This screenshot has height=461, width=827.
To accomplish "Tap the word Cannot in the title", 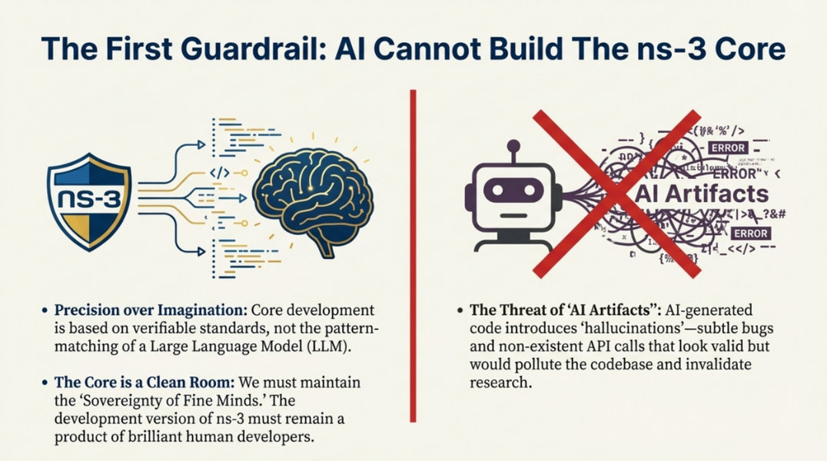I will pos(449,49).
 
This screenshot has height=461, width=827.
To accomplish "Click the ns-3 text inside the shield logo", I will pos(88,201).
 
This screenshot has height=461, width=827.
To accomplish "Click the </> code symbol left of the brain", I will pos(220,172).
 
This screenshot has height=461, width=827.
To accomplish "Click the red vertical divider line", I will pos(413,254).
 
